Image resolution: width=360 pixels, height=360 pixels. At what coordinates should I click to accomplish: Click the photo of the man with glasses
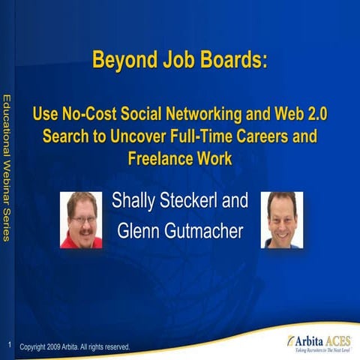81,219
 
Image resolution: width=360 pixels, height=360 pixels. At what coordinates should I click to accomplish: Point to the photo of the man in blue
282,219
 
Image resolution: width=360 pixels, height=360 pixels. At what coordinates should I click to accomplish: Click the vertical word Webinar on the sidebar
7,180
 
